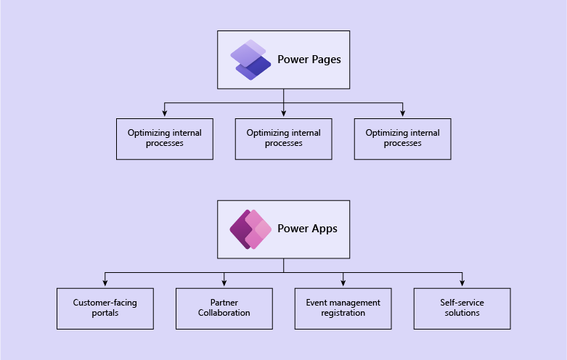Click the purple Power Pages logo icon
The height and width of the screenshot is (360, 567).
pos(250,60)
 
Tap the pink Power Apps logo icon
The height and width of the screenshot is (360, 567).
pos(250,229)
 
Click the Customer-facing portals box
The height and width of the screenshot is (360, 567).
pos(105,308)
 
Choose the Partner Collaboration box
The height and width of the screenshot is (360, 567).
pos(224,308)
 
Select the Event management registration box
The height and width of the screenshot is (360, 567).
pos(343,308)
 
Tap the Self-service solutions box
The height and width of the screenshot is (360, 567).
pos(462,308)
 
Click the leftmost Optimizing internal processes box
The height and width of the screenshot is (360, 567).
pos(165,139)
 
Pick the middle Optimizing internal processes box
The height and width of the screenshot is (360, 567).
pos(284,139)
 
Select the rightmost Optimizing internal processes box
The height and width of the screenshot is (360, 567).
pos(403,139)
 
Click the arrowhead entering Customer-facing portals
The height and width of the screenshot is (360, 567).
pos(105,285)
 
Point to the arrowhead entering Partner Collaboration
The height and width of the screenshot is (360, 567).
pos(224,285)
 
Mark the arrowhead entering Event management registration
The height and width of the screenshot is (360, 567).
pos(343,285)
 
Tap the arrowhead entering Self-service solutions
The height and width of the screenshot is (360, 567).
pos(462,285)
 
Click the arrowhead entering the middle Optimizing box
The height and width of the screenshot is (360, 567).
pos(284,115)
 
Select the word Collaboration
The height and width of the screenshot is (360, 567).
pos(224,313)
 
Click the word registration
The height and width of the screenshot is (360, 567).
pos(343,313)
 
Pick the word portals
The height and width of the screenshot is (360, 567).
pos(105,313)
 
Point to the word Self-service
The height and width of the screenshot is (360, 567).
pos(462,303)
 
